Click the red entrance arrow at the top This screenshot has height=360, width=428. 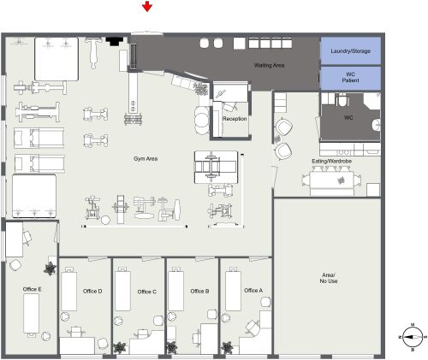tap(148, 8)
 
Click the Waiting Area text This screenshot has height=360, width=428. tap(269, 65)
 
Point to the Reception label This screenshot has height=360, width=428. tap(235, 118)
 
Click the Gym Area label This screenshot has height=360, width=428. tap(145, 158)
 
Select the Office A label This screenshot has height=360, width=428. tap(253, 291)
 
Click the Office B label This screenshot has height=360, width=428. tap(200, 291)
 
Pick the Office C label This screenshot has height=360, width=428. tap(147, 292)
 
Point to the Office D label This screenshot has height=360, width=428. tap(92, 292)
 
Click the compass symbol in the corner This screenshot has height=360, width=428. tap(412, 336)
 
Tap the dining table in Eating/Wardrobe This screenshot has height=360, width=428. tap(330, 180)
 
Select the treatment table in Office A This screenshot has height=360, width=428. tap(234, 289)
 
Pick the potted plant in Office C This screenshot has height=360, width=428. tap(119, 348)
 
